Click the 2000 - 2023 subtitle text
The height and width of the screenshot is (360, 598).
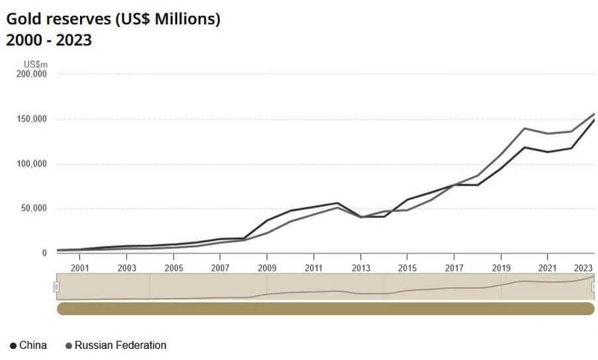click(49, 40)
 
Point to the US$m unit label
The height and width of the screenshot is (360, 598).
click(35, 64)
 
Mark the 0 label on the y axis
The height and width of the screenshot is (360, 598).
click(44, 253)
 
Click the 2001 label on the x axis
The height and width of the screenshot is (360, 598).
click(80, 267)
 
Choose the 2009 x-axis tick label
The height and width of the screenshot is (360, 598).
click(267, 267)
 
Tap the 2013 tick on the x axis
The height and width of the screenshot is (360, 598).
click(360, 267)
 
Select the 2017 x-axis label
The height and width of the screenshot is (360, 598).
click(454, 267)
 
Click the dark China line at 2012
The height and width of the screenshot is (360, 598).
click(337, 203)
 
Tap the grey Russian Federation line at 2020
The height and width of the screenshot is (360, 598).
click(524, 128)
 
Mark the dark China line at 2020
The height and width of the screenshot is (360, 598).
click(524, 147)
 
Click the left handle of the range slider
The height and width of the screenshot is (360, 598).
click(57, 287)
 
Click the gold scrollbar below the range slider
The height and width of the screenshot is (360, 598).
click(325, 308)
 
